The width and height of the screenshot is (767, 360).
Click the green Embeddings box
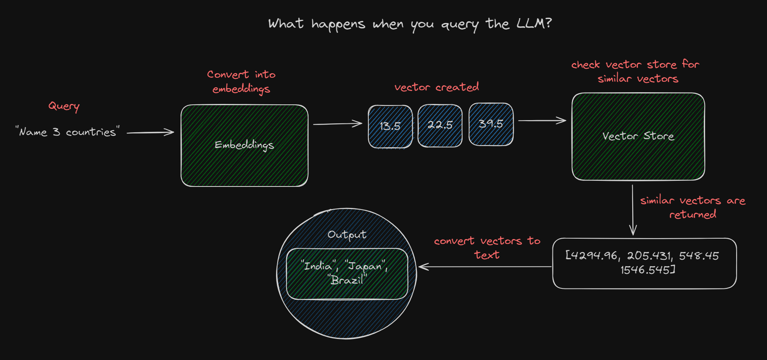(x=244, y=146)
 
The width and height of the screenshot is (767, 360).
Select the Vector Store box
(x=638, y=136)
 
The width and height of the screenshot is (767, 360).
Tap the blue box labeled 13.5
(x=390, y=126)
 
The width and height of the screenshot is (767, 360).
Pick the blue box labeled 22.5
(x=440, y=125)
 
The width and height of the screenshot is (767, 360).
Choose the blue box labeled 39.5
(x=491, y=124)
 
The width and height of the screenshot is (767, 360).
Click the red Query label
(x=64, y=106)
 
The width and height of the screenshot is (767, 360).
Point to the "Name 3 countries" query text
(x=68, y=132)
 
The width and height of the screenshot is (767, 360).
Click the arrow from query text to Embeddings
(x=150, y=132)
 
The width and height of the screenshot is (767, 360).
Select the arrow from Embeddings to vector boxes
(x=338, y=124)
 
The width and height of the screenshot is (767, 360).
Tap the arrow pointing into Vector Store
(x=542, y=121)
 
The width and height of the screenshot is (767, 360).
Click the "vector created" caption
(x=437, y=87)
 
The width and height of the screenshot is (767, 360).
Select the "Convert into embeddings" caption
(x=241, y=81)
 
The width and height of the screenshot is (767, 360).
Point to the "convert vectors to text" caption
(x=487, y=248)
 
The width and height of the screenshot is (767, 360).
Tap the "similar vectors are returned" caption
(x=693, y=207)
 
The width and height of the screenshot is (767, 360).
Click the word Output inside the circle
(x=347, y=235)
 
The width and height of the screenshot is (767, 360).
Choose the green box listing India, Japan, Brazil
(x=347, y=273)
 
